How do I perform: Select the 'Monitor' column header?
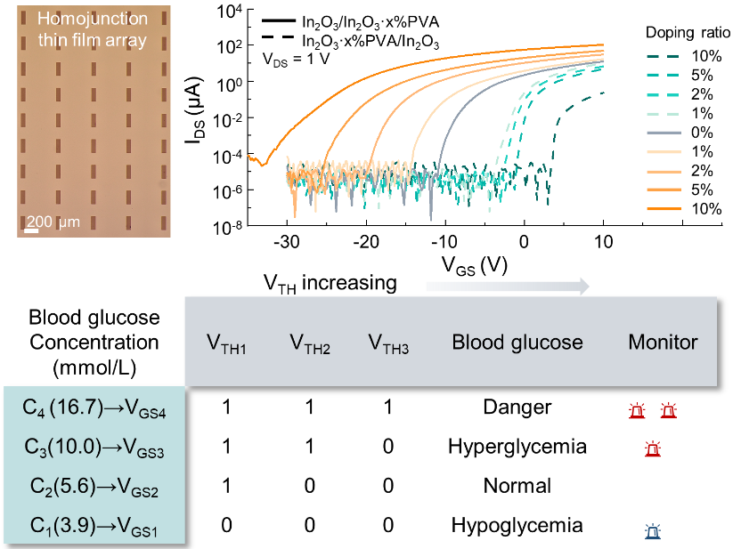(663, 342)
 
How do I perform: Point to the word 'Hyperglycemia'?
(518, 447)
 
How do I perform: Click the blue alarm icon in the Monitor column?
(653, 533)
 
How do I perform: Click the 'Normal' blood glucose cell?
(517, 486)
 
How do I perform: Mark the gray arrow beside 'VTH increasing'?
(507, 286)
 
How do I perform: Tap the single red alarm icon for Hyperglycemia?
(653, 449)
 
